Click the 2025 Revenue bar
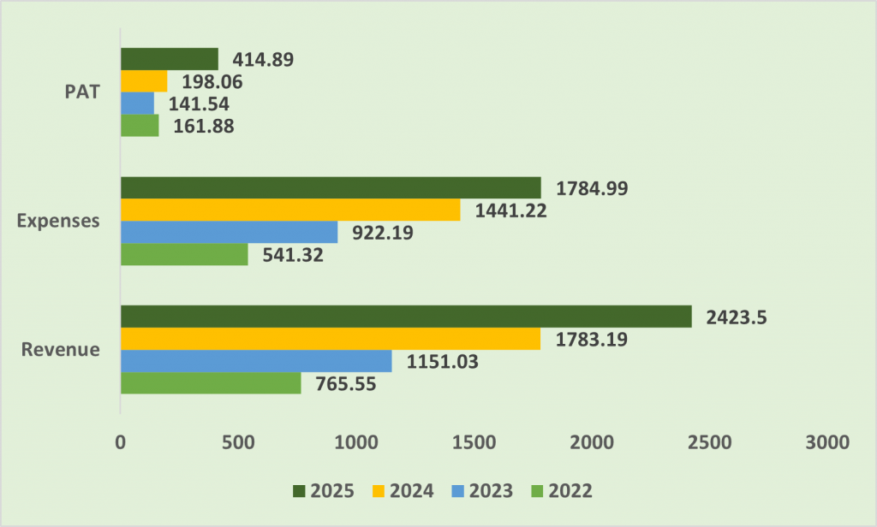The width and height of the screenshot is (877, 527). (406, 317)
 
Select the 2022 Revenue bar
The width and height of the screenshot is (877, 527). (211, 382)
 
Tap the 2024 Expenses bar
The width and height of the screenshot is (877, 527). (290, 210)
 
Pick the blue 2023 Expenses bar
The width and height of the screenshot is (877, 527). (230, 232)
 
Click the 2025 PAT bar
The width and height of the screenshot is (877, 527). (170, 59)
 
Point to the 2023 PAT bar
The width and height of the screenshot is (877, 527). (138, 104)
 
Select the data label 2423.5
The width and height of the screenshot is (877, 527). (736, 317)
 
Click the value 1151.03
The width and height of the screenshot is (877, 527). (443, 362)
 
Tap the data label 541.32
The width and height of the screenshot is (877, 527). (293, 256)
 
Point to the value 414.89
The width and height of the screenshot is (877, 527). (263, 60)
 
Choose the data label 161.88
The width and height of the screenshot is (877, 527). (204, 127)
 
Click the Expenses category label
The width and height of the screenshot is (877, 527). (58, 221)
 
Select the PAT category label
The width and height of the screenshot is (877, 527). (82, 92)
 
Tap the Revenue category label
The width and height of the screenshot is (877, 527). (61, 349)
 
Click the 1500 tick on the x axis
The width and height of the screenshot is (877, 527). (474, 442)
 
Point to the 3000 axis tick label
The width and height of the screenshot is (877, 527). (827, 442)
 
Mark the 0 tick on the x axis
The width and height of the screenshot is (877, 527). (120, 442)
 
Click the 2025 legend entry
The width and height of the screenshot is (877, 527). (323, 491)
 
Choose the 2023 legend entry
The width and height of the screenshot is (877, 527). (482, 491)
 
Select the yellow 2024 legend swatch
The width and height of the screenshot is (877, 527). (379, 491)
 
